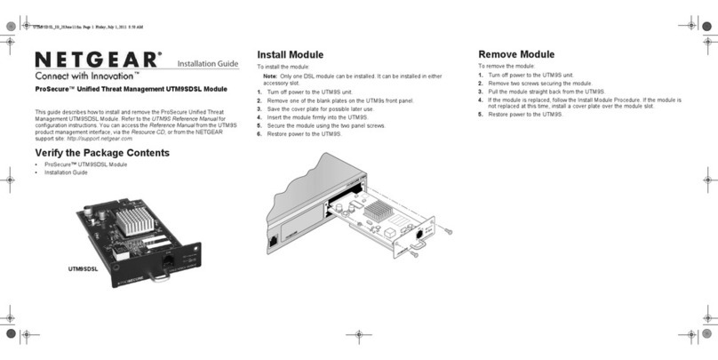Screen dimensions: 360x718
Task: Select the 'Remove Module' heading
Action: [x=515, y=54]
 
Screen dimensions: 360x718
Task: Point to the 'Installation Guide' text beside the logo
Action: [x=207, y=63]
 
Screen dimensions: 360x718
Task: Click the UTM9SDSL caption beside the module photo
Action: [x=83, y=267]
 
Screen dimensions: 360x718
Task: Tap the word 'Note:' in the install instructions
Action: [x=271, y=76]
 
